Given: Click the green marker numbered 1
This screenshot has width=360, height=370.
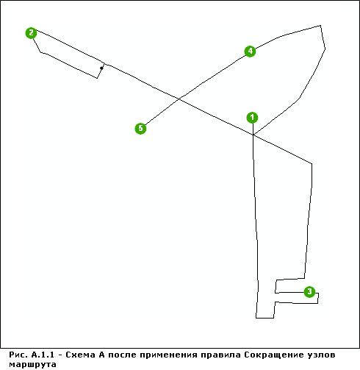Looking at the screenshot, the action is tap(252, 118).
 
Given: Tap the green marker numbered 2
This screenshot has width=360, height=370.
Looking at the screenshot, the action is tap(31, 33).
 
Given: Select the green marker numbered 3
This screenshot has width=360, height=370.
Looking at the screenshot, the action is tap(309, 291).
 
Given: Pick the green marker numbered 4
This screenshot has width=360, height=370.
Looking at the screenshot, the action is tap(250, 51).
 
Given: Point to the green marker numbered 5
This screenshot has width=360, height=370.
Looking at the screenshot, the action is tap(140, 128).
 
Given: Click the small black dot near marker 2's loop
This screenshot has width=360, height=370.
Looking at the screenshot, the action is tap(101, 68).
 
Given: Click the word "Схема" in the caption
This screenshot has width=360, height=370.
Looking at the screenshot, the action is tap(80, 355).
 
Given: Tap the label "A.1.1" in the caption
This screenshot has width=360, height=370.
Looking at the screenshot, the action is tap(43, 355).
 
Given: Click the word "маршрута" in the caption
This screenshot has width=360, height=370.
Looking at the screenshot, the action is tap(32, 364).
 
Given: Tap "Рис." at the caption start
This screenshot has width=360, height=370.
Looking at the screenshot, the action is tap(18, 355).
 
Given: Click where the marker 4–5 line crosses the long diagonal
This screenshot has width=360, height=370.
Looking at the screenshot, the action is tap(179, 99).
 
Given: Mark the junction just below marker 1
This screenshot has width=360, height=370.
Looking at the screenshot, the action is tap(253, 135).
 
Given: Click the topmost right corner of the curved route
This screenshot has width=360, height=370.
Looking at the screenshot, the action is tap(320, 25).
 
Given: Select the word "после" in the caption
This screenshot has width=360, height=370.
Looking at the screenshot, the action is tap(122, 355).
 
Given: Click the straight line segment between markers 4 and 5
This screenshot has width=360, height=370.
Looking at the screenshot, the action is tap(195, 90).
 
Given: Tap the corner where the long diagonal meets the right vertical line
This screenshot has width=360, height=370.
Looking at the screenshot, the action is tap(312, 163).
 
